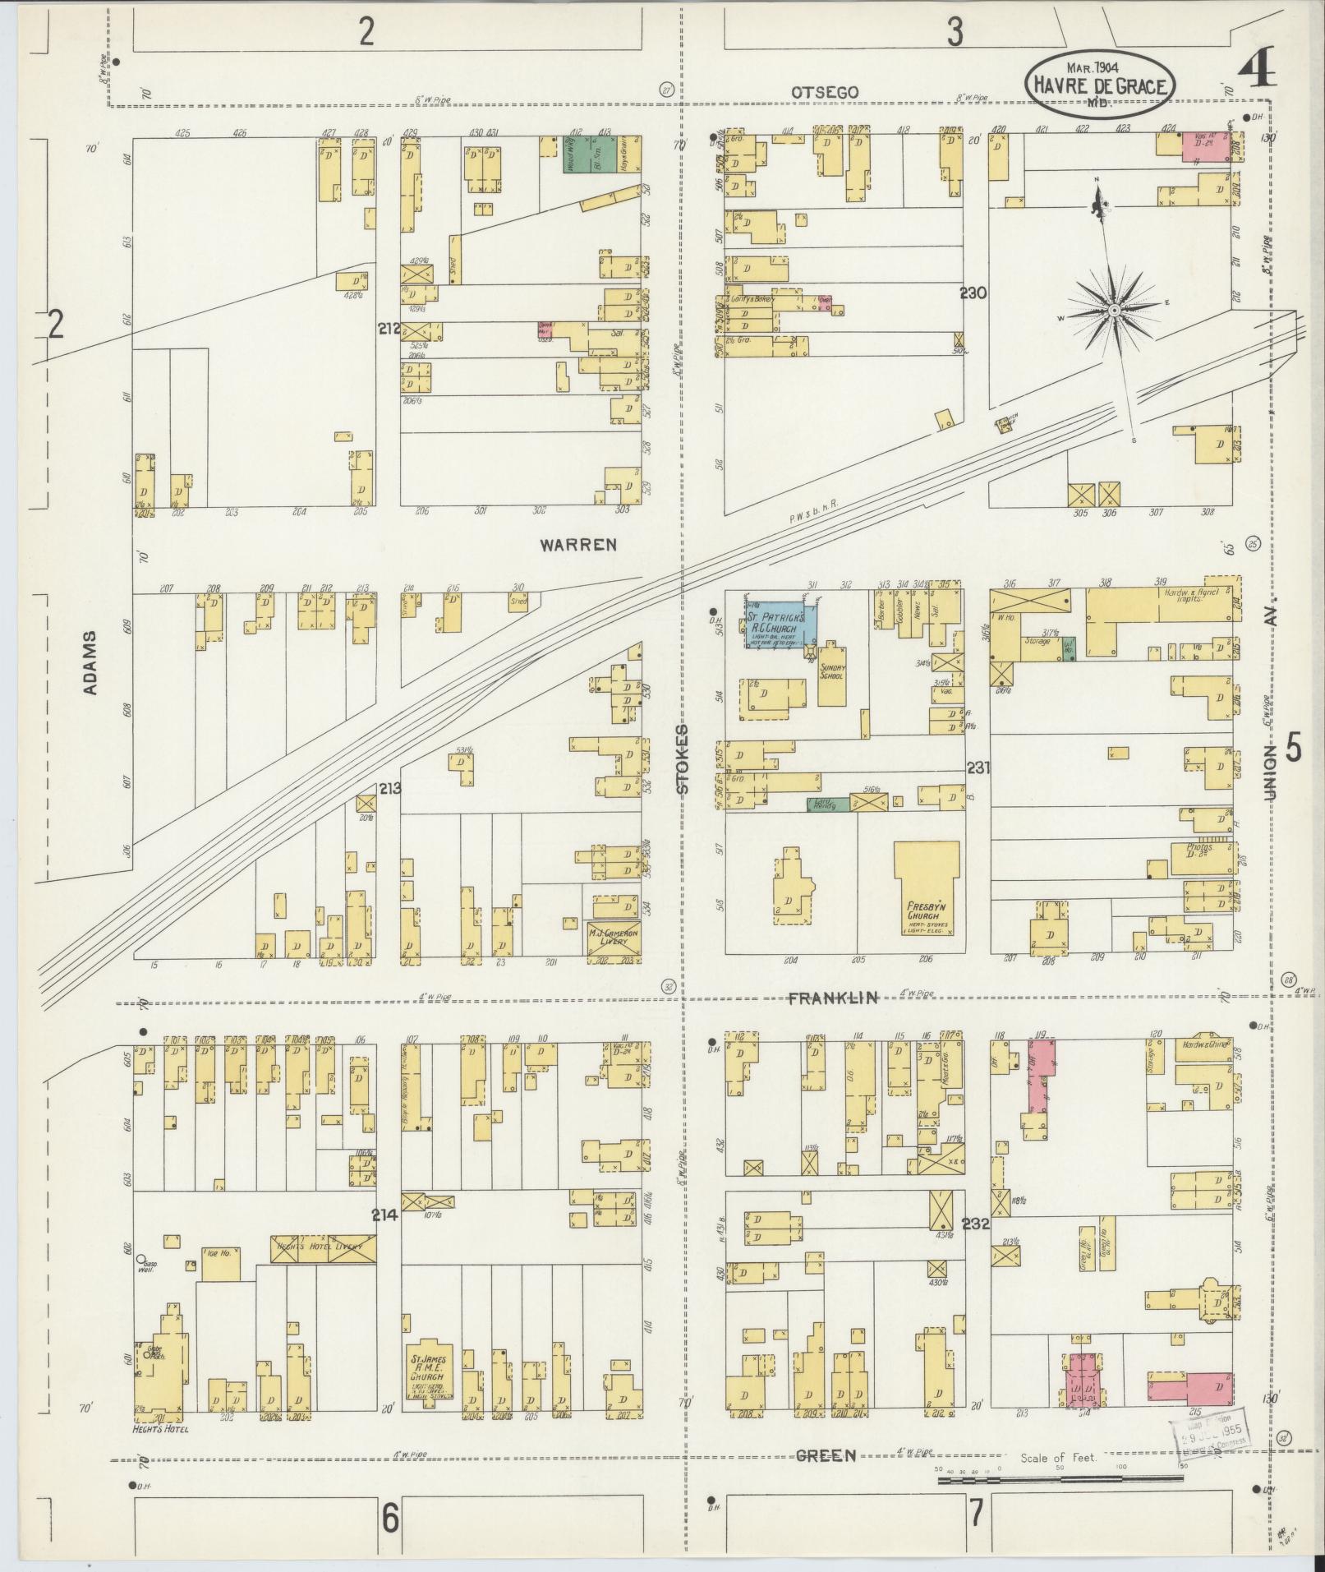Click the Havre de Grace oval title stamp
coord(1100,81)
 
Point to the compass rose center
coord(1114,310)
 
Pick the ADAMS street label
coord(90,662)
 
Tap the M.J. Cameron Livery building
coord(613,937)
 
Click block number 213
coord(389,789)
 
